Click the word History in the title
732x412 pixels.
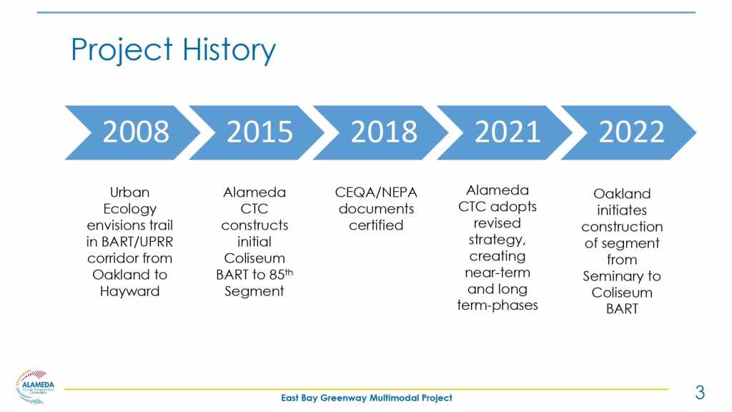(x=229, y=50)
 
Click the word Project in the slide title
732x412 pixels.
(x=122, y=50)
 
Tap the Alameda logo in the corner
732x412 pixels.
(x=34, y=386)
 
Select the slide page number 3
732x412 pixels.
(x=700, y=393)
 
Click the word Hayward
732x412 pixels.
(x=130, y=292)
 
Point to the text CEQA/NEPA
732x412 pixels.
(x=376, y=192)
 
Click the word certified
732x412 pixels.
(x=376, y=225)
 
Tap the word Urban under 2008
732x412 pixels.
(x=130, y=192)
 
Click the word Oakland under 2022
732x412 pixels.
(x=622, y=193)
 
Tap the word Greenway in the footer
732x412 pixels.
(x=343, y=398)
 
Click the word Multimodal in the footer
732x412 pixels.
(x=394, y=398)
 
